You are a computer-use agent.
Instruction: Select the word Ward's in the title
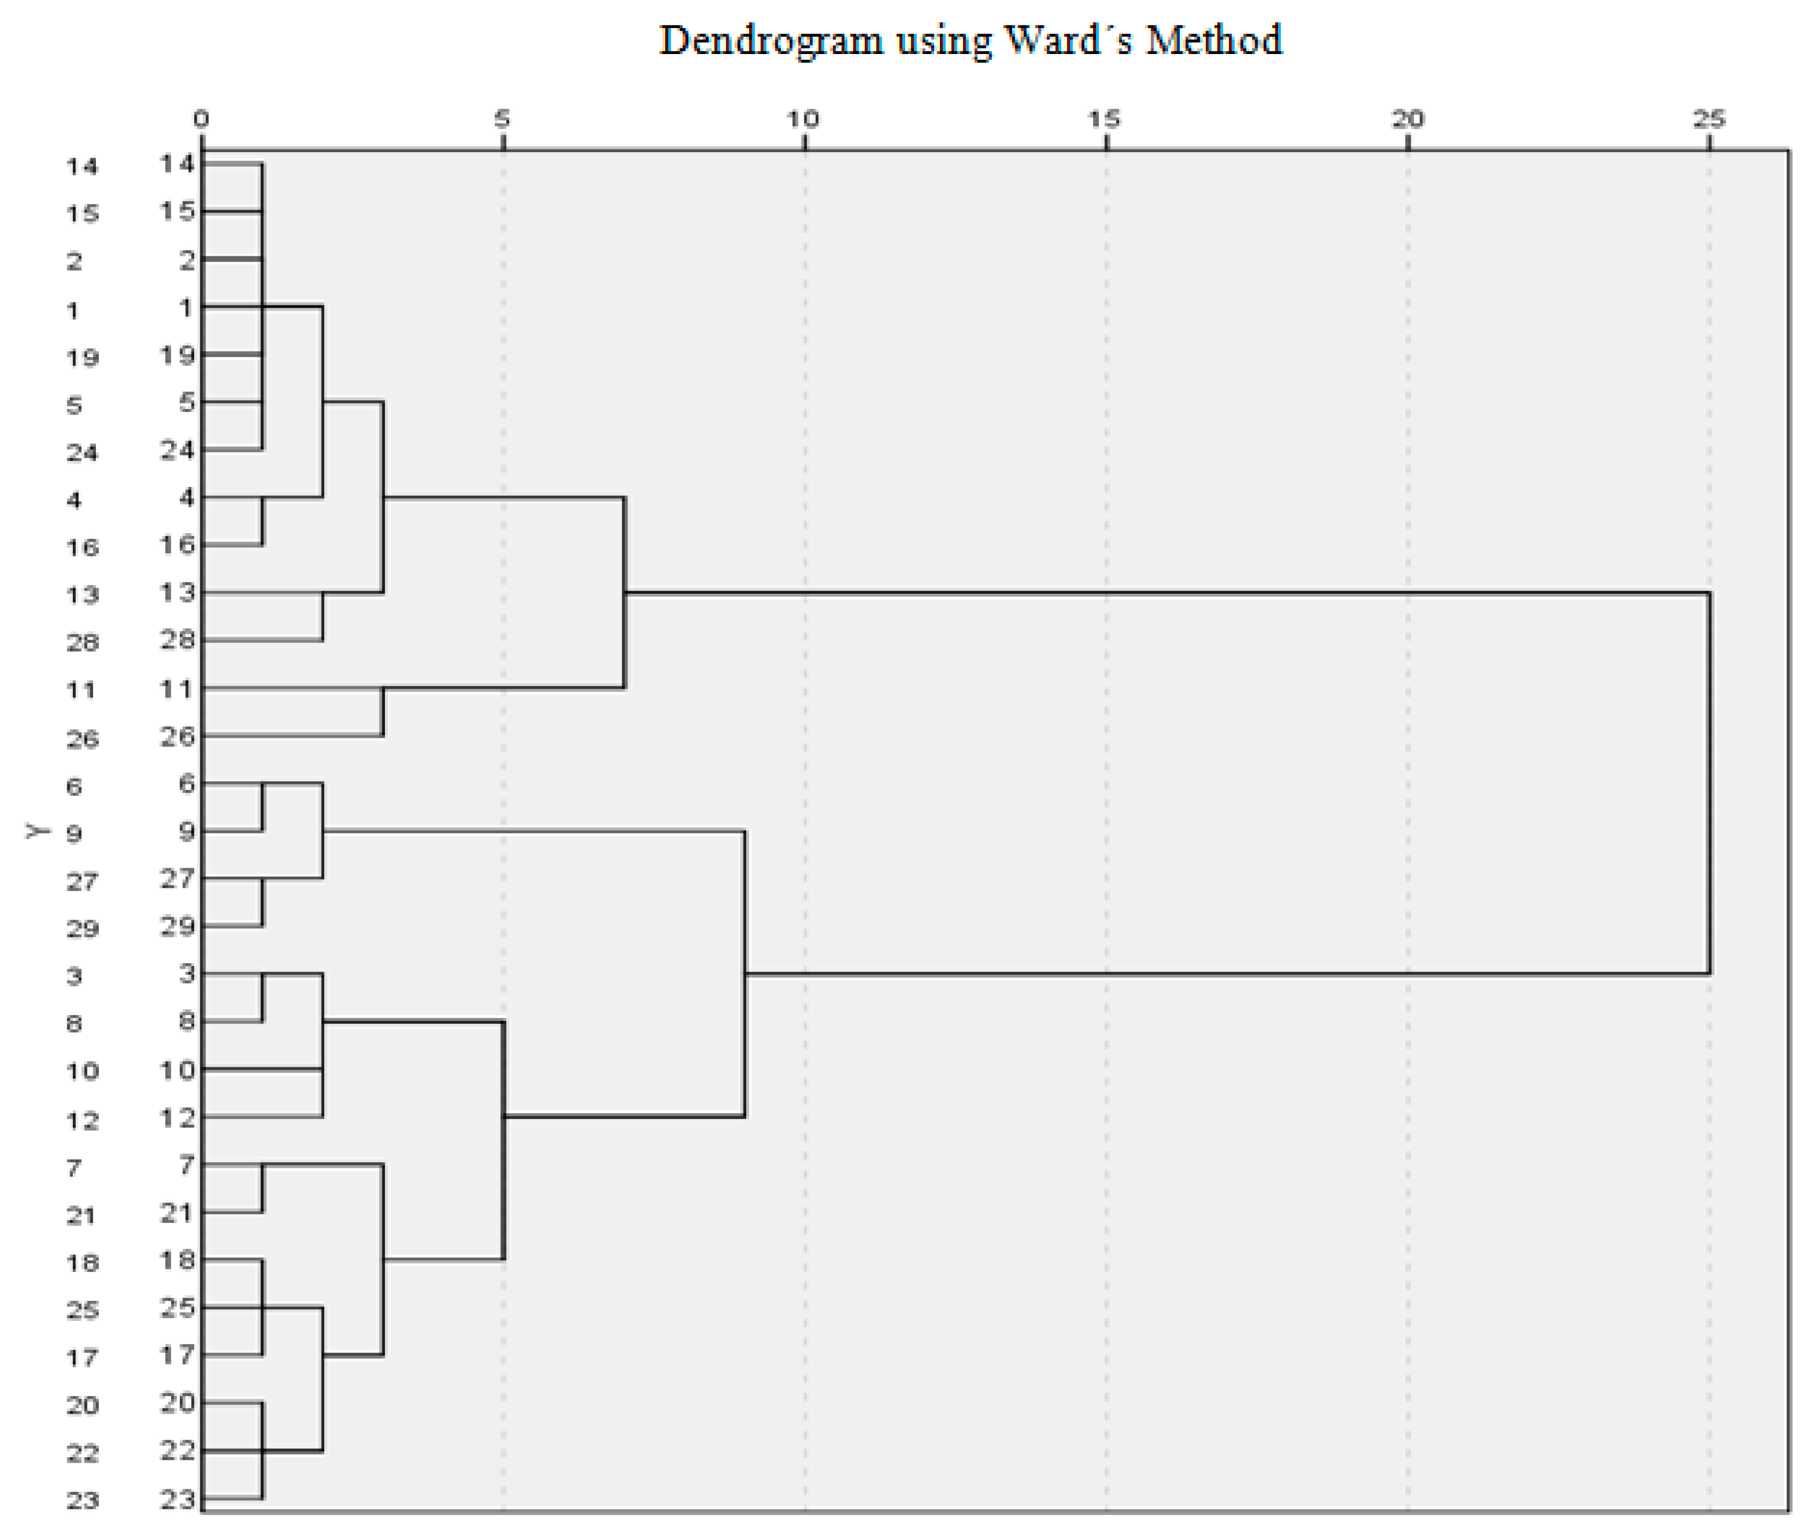[1067, 40]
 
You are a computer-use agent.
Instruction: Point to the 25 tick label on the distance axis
[1709, 119]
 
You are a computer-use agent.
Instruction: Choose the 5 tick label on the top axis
[502, 119]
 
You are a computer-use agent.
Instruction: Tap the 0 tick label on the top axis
[201, 119]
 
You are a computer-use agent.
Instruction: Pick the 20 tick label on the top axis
[1407, 119]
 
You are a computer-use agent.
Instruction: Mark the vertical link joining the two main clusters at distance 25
[1709, 783]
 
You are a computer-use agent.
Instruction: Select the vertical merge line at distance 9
[744, 973]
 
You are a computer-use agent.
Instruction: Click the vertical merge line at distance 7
[624, 592]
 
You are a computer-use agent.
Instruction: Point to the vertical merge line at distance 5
[503, 1141]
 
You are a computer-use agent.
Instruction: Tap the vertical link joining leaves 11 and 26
[383, 712]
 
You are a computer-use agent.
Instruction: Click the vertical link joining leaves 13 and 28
[323, 616]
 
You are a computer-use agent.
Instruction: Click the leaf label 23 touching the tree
[177, 1498]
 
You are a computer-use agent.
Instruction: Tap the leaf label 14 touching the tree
[177, 163]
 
